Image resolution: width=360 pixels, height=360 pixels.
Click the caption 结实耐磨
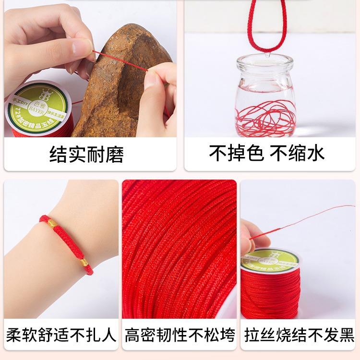[86, 155]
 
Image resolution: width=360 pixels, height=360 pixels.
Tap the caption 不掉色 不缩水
[267, 154]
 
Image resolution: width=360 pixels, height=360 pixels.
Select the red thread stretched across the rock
[120, 60]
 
